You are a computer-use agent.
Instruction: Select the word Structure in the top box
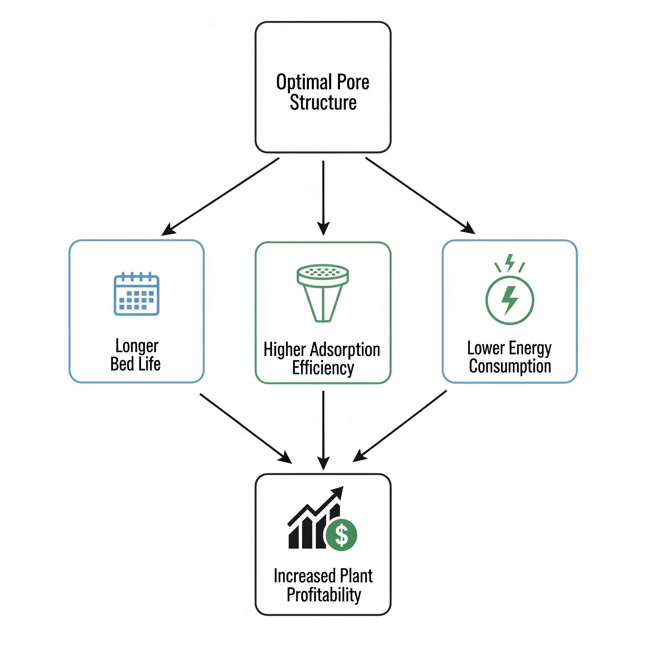[x=323, y=102]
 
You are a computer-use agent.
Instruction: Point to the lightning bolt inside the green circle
[x=509, y=300]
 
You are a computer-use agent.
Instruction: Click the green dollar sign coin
[x=341, y=535]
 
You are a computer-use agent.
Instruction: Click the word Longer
[x=136, y=346]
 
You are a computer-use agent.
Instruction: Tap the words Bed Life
[x=135, y=364]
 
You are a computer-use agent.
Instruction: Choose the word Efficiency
[x=323, y=368]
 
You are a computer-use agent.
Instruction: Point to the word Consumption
[x=510, y=366]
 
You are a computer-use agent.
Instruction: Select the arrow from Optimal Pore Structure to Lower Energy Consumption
[x=420, y=195]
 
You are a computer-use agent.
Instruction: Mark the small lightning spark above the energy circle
[x=510, y=262]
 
